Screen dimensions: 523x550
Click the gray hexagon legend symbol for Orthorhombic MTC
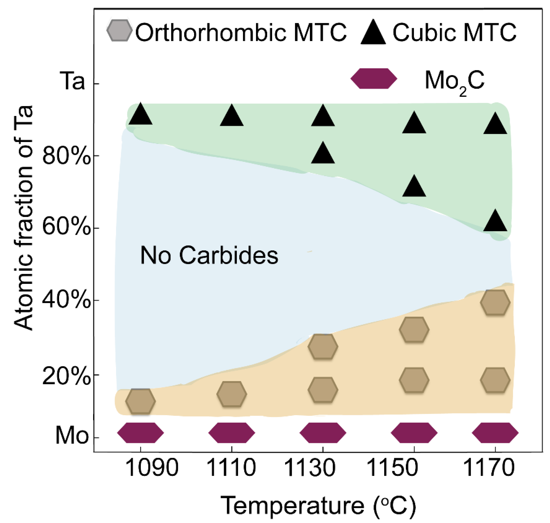pyautogui.click(x=119, y=31)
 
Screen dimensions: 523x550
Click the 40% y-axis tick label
pyautogui.click(x=66, y=300)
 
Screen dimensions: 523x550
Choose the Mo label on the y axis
pyautogui.click(x=72, y=435)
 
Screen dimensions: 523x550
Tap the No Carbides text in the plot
pyautogui.click(x=209, y=255)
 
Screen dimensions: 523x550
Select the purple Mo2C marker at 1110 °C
pyautogui.click(x=232, y=433)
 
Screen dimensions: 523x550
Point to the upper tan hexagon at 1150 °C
pyautogui.click(x=414, y=330)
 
